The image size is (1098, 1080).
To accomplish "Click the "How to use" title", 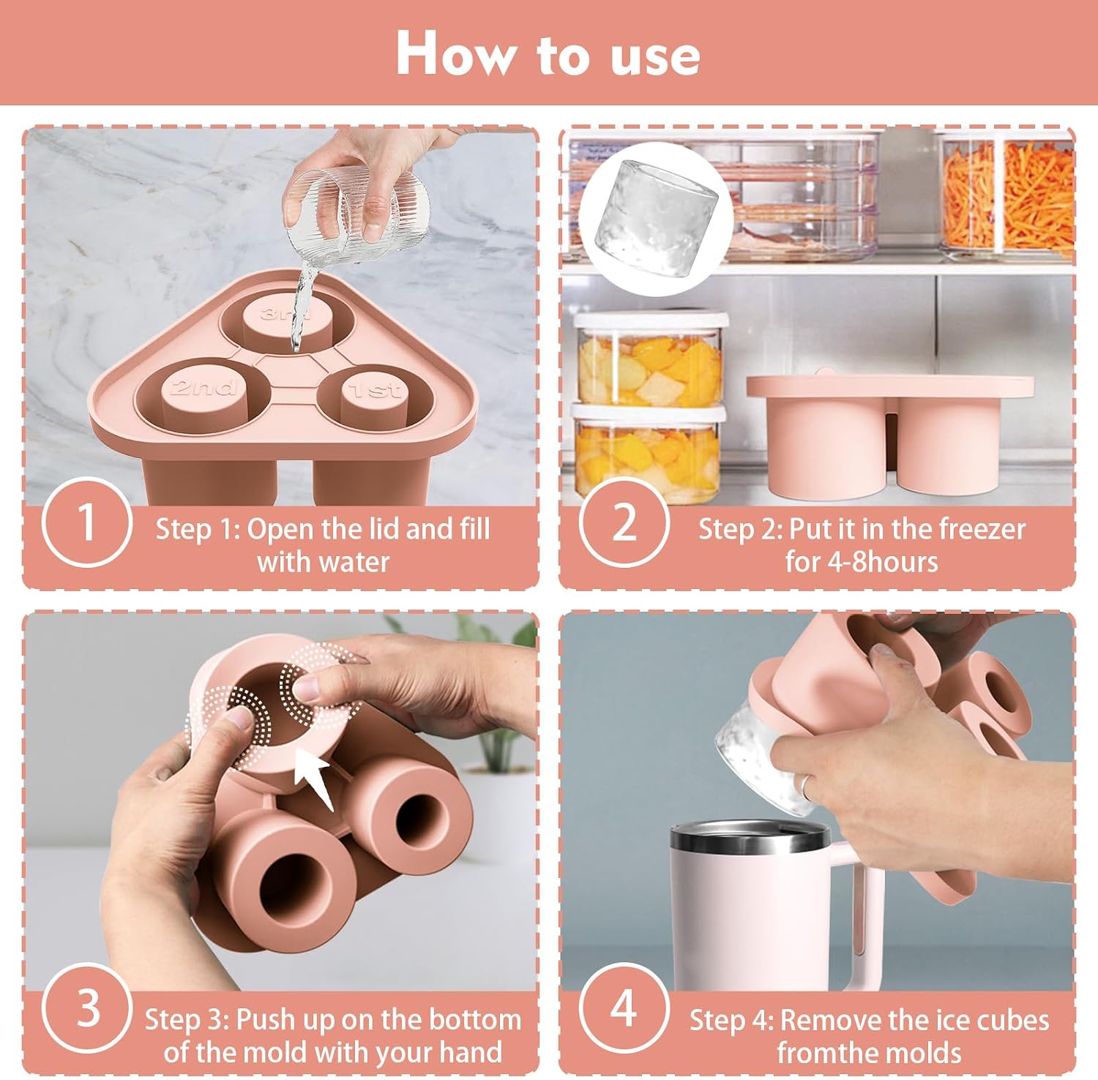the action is click(x=548, y=54).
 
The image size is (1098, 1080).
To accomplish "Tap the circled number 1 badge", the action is click(x=87, y=522).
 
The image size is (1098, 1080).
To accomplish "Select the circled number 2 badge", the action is click(x=624, y=522).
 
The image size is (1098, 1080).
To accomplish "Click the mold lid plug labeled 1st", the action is click(x=373, y=399).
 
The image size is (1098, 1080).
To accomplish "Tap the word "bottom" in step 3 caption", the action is click(x=474, y=1019).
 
